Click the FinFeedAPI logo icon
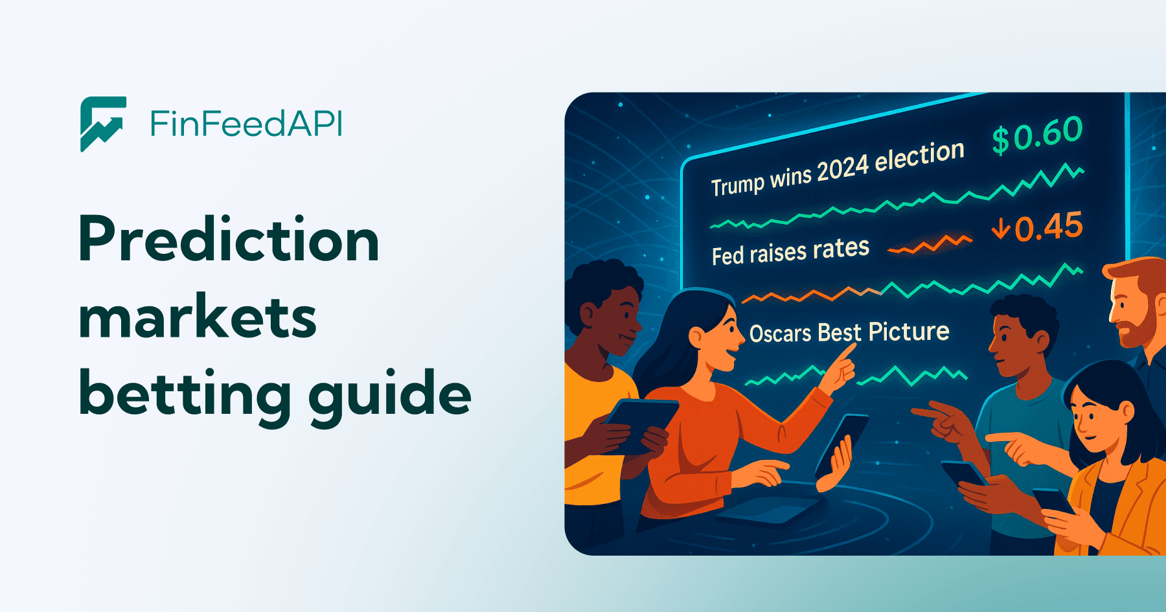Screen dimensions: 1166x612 103,124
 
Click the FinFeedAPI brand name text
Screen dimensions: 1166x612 246,124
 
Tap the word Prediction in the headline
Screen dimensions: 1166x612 229,240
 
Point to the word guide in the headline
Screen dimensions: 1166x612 390,395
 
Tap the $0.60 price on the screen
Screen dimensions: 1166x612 1038,135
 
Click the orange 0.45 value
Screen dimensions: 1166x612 1048,227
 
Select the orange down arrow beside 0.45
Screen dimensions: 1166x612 1001,228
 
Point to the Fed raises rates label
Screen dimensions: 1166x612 790,251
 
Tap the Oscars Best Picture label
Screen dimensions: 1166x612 849,332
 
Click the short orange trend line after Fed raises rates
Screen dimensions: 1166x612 930,245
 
